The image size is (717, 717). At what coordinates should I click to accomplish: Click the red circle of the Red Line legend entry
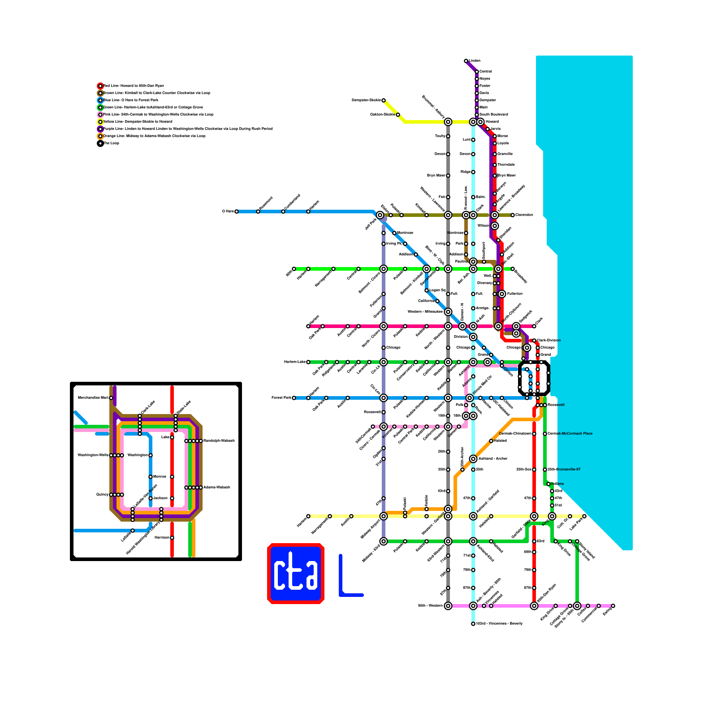100,86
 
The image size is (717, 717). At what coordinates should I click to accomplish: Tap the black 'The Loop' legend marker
100,143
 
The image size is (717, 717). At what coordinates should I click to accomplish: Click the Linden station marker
466,61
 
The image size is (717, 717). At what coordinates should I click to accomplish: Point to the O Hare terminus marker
237,212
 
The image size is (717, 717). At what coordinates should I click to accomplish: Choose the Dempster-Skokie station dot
384,100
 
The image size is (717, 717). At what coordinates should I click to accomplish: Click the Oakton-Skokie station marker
398,115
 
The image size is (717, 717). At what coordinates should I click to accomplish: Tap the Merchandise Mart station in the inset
111,398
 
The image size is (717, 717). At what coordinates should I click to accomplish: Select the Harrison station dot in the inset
172,538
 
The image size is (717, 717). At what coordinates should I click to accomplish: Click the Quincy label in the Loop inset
102,495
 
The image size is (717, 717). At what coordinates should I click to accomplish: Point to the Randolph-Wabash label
219,441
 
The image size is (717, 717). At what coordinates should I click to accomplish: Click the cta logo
296,574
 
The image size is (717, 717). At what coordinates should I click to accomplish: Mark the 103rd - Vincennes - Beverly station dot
473,624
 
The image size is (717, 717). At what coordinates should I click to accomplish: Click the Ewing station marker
613,606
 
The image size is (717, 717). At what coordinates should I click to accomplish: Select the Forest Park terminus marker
294,398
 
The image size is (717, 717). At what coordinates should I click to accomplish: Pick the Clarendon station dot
513,215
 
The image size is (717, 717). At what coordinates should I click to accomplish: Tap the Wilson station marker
495,226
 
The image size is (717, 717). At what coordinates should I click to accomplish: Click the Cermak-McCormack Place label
570,434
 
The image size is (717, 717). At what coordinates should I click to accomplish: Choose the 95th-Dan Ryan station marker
534,606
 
